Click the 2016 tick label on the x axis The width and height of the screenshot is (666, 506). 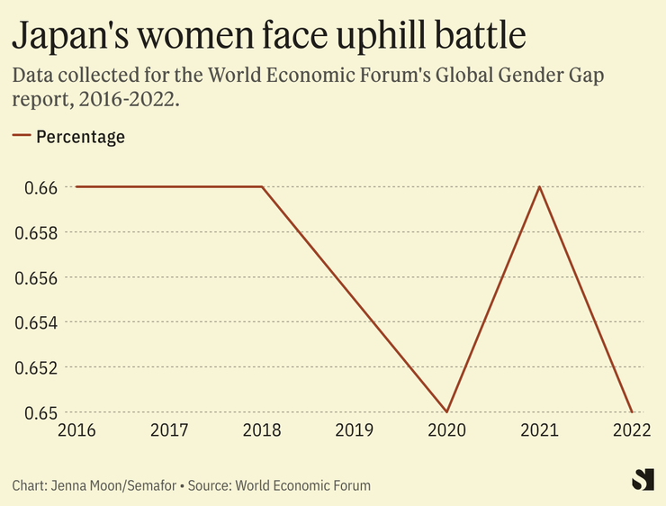tap(76, 430)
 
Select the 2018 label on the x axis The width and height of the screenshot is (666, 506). tap(262, 430)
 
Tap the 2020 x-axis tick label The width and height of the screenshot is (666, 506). tap(447, 430)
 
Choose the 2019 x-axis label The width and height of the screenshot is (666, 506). tap(355, 430)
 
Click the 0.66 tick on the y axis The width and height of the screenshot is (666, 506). tap(33, 187)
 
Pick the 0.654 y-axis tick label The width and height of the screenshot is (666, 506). tap(33, 322)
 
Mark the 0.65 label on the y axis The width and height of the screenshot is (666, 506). tap(33, 412)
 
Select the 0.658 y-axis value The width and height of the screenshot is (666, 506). tap(33, 232)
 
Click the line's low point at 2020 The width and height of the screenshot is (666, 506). tap(447, 411)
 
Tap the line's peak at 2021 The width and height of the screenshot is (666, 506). tap(540, 187)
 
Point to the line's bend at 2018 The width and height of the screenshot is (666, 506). tap(262, 187)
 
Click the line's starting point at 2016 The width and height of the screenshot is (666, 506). tap(76, 187)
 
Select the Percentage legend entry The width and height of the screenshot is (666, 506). tap(80, 137)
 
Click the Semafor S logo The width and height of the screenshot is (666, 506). tap(642, 480)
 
